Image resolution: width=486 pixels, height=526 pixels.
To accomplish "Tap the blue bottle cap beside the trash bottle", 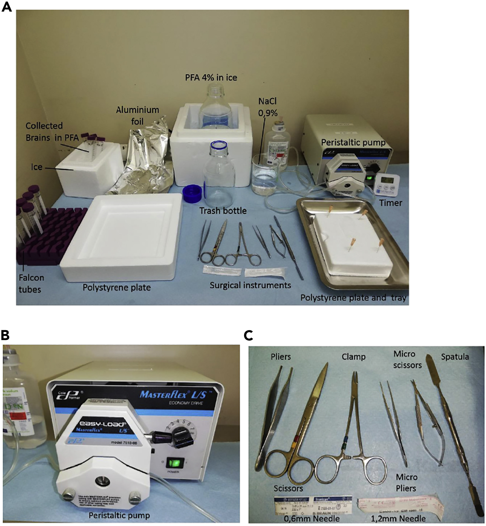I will pyautogui.click(x=193, y=194).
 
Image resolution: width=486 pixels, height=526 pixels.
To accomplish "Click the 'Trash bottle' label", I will pyautogui.click(x=223, y=211).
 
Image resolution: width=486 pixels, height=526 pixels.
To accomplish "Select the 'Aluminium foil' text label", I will pyautogui.click(x=137, y=115).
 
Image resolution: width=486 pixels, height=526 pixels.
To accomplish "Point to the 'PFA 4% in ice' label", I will pyautogui.click(x=211, y=77).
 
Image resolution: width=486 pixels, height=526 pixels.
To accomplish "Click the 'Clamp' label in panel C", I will pyautogui.click(x=354, y=357).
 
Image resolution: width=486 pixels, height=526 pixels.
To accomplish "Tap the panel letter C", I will pyautogui.click(x=249, y=335).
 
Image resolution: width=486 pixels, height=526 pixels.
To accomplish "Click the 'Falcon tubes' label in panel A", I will pyautogui.click(x=31, y=283).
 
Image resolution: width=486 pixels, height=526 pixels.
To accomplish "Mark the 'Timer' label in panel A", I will pyautogui.click(x=391, y=203).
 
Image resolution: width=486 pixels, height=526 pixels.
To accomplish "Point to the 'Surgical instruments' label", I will pyautogui.click(x=250, y=285).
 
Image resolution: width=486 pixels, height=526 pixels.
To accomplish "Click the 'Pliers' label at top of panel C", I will pyautogui.click(x=280, y=357).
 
